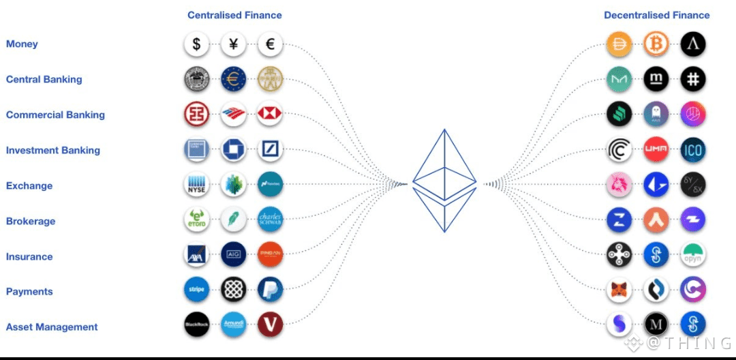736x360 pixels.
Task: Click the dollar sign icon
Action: pyautogui.click(x=196, y=45)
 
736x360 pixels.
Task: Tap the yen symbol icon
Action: pyautogui.click(x=234, y=45)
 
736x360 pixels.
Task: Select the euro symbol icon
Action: pyautogui.click(x=270, y=45)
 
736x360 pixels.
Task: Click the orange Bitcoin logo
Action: pyautogui.click(x=656, y=45)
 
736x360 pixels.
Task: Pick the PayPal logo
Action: pyautogui.click(x=270, y=290)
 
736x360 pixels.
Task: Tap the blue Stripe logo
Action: pyautogui.click(x=196, y=290)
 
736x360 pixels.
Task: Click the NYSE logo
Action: pyautogui.click(x=196, y=185)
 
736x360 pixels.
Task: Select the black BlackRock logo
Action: pyautogui.click(x=196, y=325)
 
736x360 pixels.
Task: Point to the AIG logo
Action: pyautogui.click(x=234, y=254)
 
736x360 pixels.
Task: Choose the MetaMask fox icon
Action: pyautogui.click(x=619, y=290)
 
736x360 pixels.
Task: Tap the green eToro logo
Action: pyautogui.click(x=196, y=220)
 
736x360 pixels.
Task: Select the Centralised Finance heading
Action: pyautogui.click(x=234, y=15)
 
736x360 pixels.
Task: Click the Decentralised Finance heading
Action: pyautogui.click(x=657, y=15)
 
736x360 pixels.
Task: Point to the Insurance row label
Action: pyautogui.click(x=29, y=256)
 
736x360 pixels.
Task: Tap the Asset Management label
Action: pyautogui.click(x=52, y=327)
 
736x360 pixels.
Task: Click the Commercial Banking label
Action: pyautogui.click(x=55, y=115)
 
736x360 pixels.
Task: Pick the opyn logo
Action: pyautogui.click(x=693, y=254)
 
